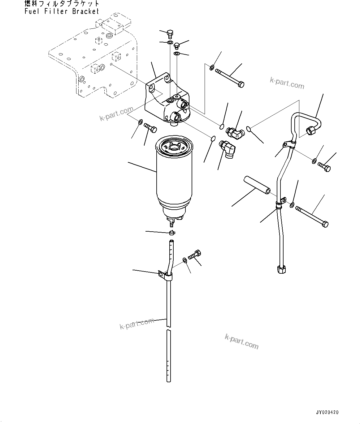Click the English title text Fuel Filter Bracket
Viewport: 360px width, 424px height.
coord(62,11)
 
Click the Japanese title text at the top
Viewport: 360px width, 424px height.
coord(62,4)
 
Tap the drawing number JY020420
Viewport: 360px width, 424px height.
coord(327,412)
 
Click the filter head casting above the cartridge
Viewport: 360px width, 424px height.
coord(164,99)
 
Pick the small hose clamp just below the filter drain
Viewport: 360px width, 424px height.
coord(172,232)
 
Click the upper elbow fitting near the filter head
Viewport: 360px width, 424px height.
coord(235,133)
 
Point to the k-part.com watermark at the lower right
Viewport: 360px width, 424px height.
coord(241,341)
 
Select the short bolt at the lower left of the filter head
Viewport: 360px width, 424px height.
coord(151,127)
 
